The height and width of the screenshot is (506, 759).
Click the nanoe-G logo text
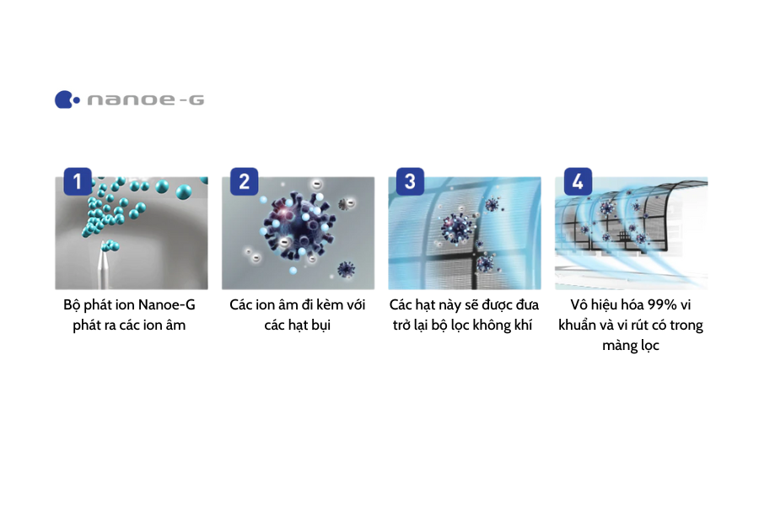[145, 100]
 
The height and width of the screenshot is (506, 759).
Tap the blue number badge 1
[78, 181]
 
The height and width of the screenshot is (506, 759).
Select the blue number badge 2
[244, 181]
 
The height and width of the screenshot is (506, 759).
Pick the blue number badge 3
[410, 181]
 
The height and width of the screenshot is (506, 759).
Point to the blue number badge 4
[577, 181]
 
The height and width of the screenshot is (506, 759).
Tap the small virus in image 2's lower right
[346, 269]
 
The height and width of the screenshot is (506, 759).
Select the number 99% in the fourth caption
[658, 304]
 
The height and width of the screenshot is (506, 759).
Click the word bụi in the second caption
[318, 326]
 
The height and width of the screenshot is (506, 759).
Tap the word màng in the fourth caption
[617, 346]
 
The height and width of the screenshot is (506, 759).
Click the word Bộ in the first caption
[73, 304]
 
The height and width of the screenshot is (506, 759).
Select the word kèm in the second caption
[318, 304]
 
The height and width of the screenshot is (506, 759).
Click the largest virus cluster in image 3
[458, 228]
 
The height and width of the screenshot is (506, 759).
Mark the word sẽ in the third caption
[462, 304]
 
